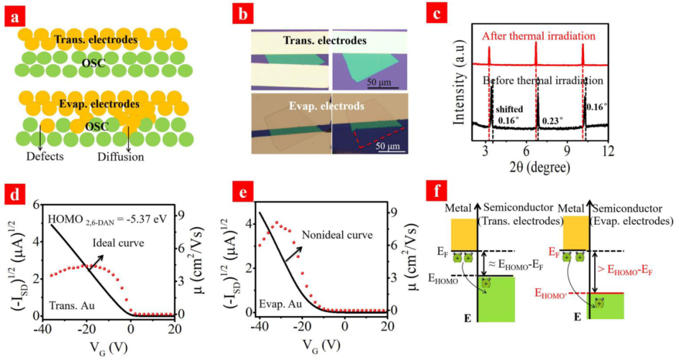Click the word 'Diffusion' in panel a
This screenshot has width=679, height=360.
(120, 156)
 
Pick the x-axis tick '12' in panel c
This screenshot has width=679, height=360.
(607, 151)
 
